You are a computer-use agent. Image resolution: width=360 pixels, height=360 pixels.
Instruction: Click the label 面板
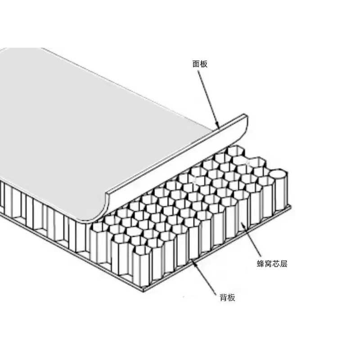200,64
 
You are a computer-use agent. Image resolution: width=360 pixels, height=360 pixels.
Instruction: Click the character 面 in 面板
196,64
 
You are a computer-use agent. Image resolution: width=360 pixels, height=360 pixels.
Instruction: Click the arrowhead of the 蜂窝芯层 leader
243,224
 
